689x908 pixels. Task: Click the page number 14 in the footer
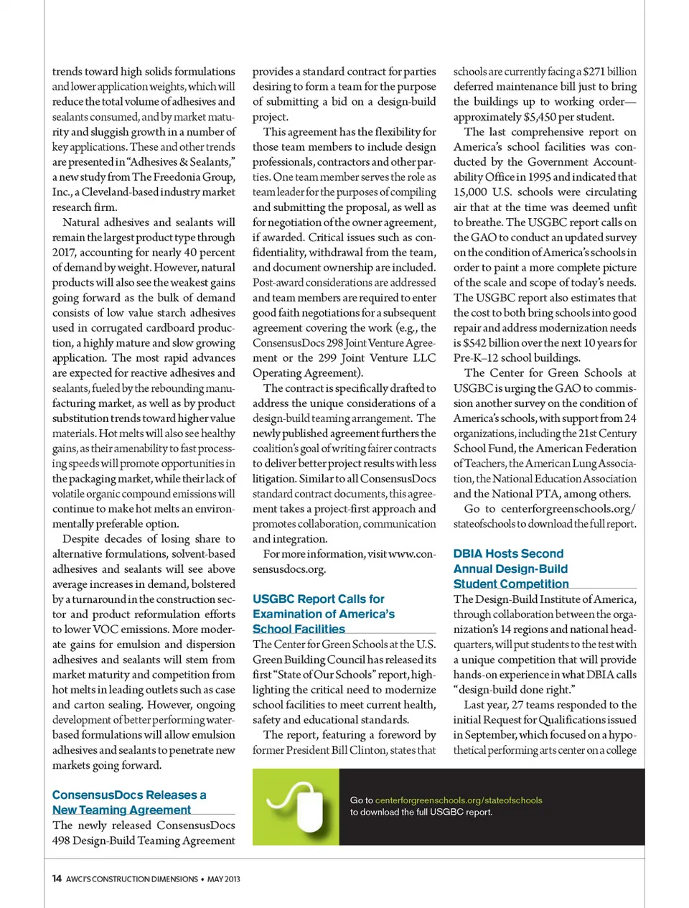pyautogui.click(x=57, y=879)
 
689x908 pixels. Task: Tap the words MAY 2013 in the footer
pyautogui.click(x=224, y=879)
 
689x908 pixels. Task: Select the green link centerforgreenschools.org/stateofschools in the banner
pyautogui.click(x=459, y=800)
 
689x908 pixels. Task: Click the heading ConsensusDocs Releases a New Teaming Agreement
pyautogui.click(x=129, y=802)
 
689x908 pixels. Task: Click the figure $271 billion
pyautogui.click(x=609, y=72)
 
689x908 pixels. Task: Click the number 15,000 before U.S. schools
pyautogui.click(x=470, y=192)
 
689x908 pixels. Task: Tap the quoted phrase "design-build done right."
pyautogui.click(x=513, y=690)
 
